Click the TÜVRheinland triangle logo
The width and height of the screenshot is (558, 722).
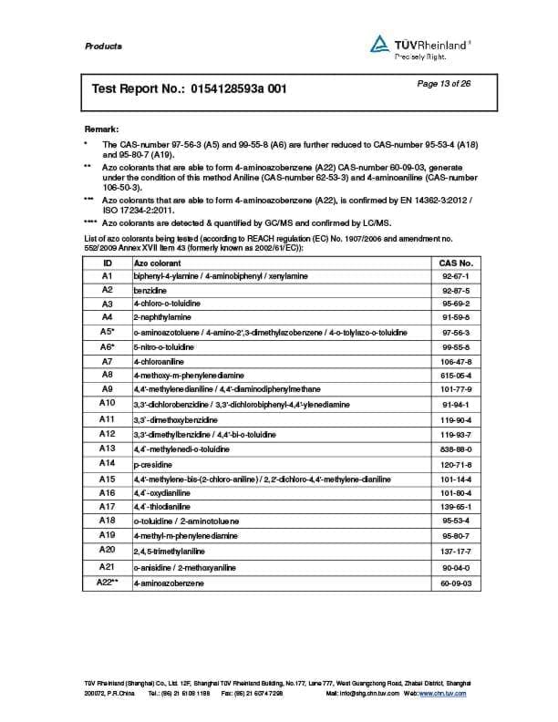(378, 44)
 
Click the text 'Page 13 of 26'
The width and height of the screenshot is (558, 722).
(443, 84)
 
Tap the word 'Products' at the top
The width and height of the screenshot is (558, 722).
(102, 46)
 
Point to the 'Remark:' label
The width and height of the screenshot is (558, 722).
(101, 129)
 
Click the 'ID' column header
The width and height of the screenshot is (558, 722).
(107, 262)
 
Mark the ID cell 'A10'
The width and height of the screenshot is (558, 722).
(107, 402)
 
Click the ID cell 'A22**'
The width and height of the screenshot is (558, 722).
(108, 581)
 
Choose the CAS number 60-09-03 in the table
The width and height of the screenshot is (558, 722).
(455, 582)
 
